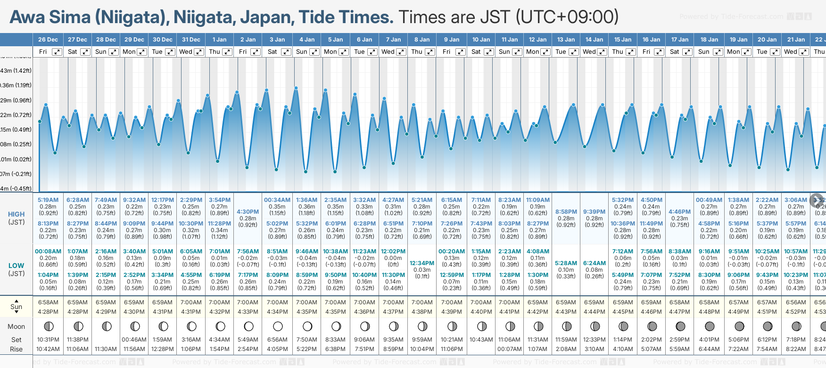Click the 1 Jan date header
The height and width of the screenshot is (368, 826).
click(219, 40)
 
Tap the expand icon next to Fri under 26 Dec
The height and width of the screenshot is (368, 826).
click(57, 52)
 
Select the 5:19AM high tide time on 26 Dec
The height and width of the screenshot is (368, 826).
click(48, 200)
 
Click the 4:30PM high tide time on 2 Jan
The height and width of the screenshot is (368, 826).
click(248, 212)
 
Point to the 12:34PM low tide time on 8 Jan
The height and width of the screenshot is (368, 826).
click(422, 263)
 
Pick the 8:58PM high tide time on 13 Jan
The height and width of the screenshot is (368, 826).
click(566, 212)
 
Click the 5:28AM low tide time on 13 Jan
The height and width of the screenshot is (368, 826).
click(566, 263)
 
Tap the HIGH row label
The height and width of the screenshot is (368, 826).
click(16, 214)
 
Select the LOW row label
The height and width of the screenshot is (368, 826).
click(16, 266)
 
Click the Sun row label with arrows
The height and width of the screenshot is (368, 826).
click(16, 307)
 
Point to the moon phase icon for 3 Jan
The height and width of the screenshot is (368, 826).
click(278, 326)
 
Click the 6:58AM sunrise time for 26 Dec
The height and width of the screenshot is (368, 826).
click(48, 302)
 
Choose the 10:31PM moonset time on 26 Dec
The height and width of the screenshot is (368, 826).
click(48, 340)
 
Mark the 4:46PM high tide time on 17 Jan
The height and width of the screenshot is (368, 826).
click(679, 212)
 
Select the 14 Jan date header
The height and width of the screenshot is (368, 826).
click(594, 40)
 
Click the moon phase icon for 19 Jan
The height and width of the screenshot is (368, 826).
click(739, 326)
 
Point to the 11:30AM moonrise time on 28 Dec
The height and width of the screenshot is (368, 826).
click(106, 349)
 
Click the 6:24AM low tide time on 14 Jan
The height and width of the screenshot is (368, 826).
click(594, 263)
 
